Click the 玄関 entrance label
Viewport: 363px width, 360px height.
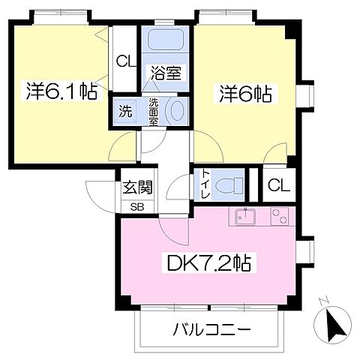click(137, 187)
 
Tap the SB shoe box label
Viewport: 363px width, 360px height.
click(137, 206)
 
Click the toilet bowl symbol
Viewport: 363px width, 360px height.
click(233, 184)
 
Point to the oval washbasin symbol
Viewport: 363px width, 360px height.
click(178, 111)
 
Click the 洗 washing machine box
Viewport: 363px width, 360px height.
click(126, 112)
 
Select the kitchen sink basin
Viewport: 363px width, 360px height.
click(244, 217)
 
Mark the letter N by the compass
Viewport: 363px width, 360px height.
click(323, 301)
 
